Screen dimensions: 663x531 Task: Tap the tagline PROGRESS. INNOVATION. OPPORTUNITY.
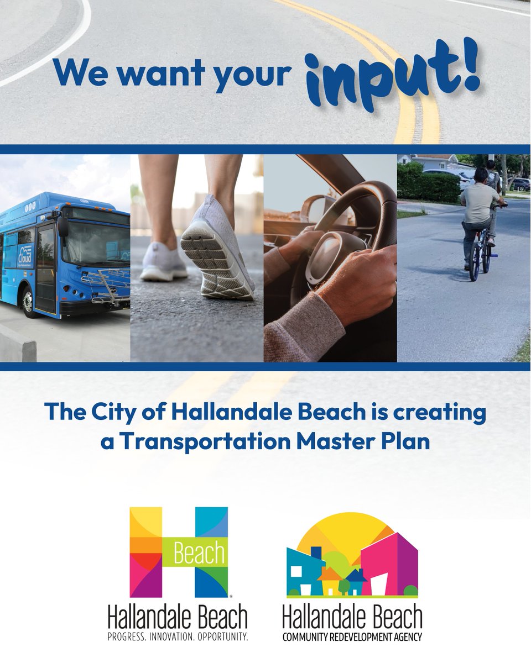178,636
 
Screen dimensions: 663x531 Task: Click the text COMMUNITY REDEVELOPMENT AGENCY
352,637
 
